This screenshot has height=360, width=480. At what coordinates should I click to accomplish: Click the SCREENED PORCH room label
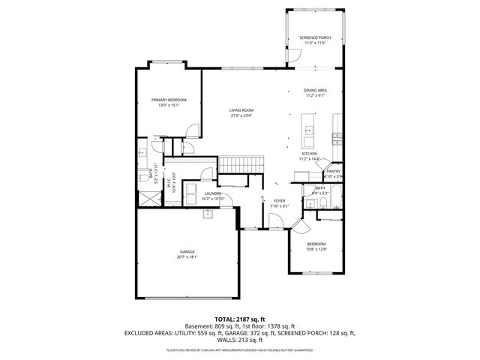pos(315,37)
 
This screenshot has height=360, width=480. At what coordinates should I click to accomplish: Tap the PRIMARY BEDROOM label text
pos(169,100)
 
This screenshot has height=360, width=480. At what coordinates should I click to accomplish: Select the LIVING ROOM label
pos(241,110)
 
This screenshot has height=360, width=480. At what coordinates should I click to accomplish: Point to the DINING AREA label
pos(315,91)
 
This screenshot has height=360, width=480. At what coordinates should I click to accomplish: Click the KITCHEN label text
pos(310,154)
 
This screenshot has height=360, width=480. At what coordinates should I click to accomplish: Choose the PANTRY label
pos(333,171)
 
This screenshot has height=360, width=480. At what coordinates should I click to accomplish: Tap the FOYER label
pos(279,201)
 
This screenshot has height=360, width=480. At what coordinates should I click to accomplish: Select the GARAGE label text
pos(187,251)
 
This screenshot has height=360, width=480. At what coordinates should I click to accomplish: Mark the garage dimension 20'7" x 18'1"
pos(187,256)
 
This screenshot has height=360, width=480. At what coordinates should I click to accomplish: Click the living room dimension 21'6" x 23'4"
pos(241,115)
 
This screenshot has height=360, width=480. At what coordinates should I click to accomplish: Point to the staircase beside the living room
pos(241,164)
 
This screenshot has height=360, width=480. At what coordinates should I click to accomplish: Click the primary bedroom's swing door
pos(193,131)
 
